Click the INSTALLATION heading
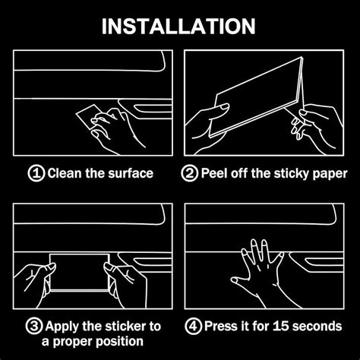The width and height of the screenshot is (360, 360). [178, 27]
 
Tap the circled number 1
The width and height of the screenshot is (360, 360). [36, 173]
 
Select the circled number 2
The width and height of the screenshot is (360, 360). [189, 173]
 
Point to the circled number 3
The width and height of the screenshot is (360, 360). [34, 326]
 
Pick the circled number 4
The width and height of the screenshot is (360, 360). [193, 326]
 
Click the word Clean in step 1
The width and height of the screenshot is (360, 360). [65, 173]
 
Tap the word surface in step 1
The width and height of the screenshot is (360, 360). [131, 173]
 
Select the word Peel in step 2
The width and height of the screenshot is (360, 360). [214, 173]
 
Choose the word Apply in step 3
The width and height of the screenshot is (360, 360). [62, 327]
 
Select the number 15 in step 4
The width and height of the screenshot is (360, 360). [281, 326]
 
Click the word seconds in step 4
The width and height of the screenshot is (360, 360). [317, 326]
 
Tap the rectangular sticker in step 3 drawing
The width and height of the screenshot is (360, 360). [80, 272]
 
